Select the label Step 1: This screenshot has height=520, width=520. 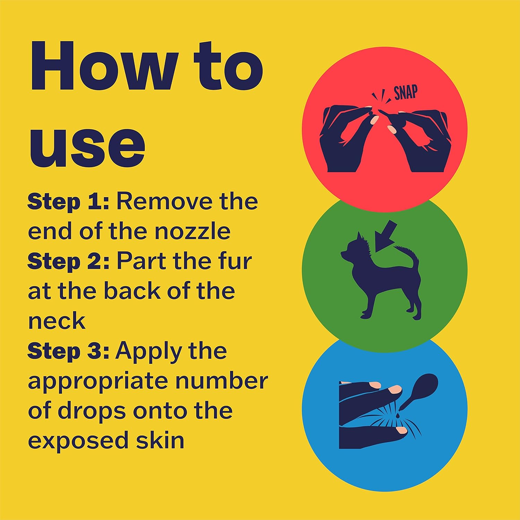coord(68,202)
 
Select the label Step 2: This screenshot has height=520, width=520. coord(68,261)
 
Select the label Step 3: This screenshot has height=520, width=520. coord(68,352)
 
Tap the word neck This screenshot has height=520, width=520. coord(57,321)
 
